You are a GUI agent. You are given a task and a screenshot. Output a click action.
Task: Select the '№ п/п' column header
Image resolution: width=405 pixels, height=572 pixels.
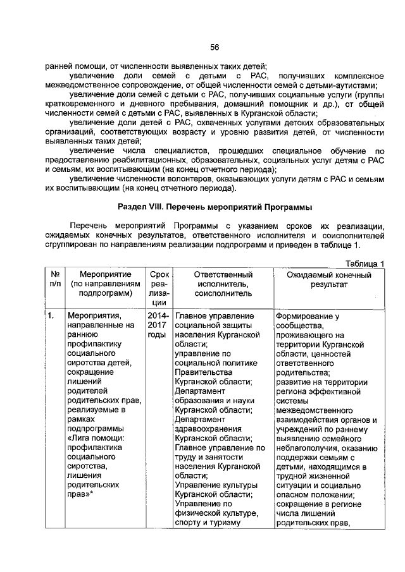(x=54, y=279)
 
